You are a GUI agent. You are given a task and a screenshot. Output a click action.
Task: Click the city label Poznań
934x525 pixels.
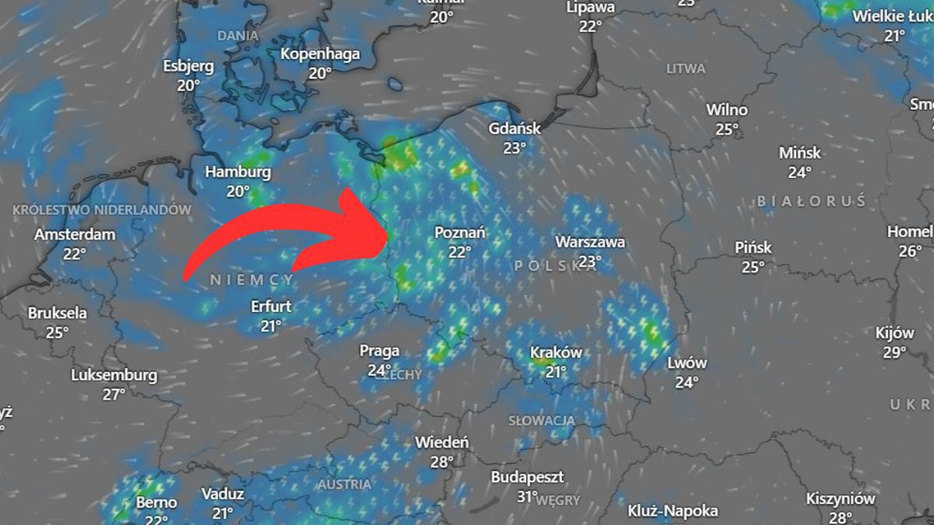[460, 232]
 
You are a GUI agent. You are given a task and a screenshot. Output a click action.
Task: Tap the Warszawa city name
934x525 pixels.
[590, 242]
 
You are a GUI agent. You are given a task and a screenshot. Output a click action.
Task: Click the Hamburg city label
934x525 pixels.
[237, 172]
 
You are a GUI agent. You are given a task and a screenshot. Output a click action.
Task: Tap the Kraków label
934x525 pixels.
[556, 352]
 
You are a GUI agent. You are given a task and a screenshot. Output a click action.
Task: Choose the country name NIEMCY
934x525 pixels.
[252, 279]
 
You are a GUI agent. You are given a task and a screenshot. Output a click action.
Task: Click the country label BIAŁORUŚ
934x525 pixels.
[811, 201]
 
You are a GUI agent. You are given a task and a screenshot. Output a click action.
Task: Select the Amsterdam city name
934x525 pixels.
[75, 234]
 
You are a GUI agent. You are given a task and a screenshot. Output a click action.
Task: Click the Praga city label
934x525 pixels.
[379, 351]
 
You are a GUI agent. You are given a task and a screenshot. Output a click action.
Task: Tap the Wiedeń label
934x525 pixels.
[441, 443]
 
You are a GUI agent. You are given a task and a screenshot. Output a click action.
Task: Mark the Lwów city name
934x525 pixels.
[686, 362]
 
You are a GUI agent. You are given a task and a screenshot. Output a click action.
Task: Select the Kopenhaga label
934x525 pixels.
[320, 54]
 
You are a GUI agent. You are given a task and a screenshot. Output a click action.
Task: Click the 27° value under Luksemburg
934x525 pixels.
[114, 394]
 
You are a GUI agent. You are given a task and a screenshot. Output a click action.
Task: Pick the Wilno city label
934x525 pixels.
[726, 110]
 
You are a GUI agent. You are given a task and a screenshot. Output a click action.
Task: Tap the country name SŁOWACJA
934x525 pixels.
[542, 421]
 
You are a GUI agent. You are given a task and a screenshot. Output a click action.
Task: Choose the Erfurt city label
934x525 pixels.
[271, 306]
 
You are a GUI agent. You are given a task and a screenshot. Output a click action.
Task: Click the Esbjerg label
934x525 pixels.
[188, 66]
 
